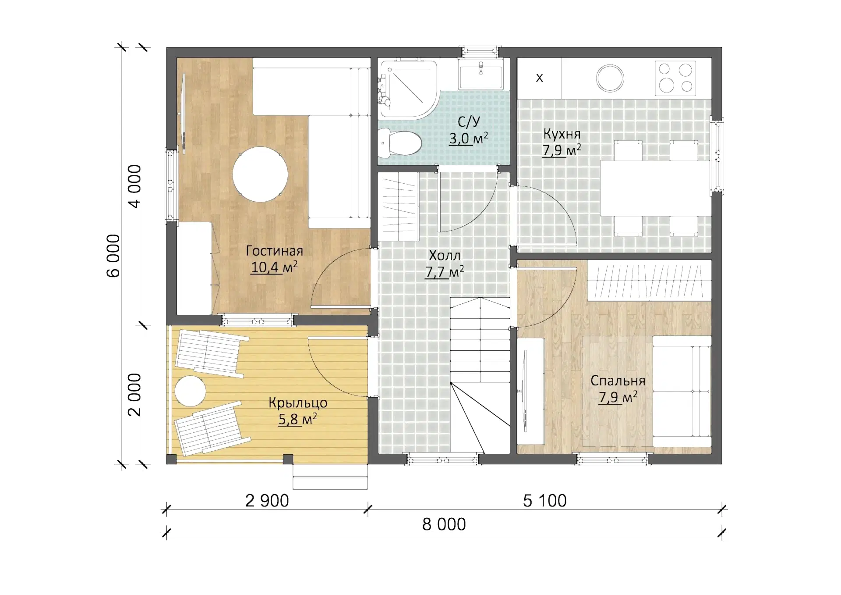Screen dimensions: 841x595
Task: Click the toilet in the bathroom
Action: coord(399,143)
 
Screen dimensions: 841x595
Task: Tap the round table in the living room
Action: coord(260,174)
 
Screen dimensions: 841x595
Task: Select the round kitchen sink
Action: coord(610,78)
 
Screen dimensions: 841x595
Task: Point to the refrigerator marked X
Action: coord(539,78)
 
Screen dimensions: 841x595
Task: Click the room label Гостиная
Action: coord(275,251)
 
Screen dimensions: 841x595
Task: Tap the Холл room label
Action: coord(445,255)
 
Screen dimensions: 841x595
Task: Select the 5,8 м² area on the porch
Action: coord(297,419)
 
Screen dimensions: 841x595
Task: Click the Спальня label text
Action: coord(618,381)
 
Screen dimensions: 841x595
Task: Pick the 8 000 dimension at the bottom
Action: coord(444,524)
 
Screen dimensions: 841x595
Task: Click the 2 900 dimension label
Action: coord(267,500)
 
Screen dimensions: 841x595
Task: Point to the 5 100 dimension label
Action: coord(545,500)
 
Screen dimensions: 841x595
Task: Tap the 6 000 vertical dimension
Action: coord(113,256)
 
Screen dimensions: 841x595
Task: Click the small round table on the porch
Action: coord(190,391)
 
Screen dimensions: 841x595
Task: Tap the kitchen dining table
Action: coord(655,188)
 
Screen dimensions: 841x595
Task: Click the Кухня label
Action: coord(562,134)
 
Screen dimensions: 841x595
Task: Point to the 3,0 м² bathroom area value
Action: coord(468,139)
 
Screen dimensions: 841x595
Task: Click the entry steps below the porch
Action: coord(330,477)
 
